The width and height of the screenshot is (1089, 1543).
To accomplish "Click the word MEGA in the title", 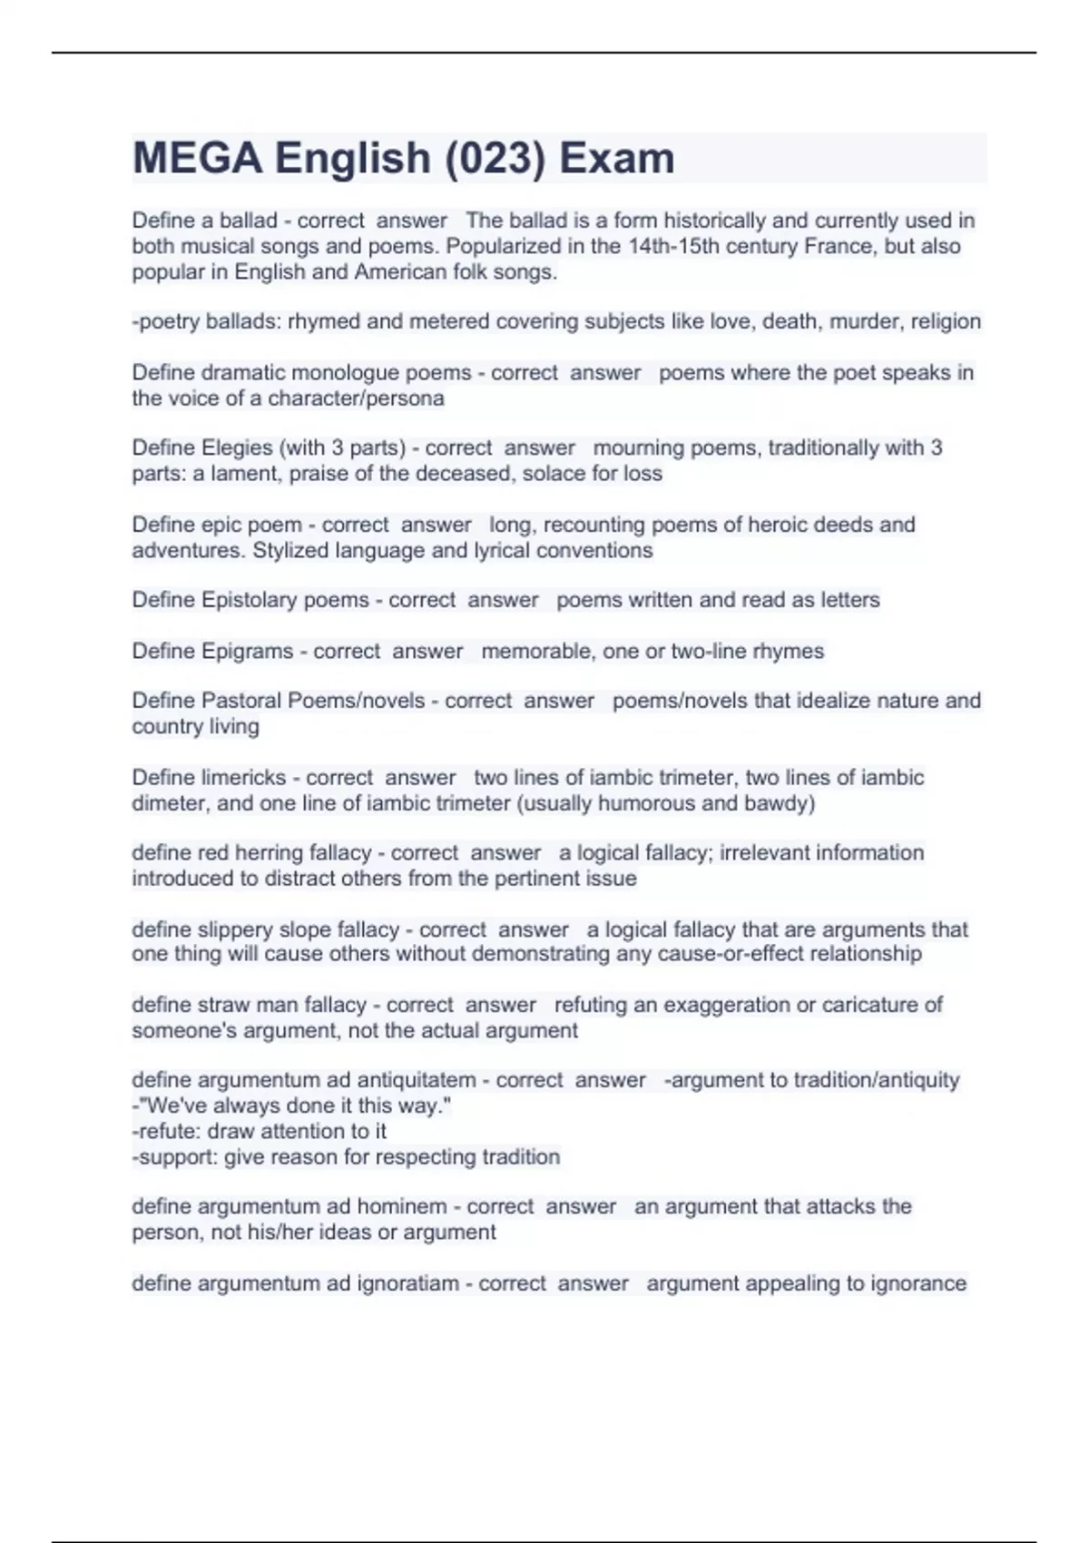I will pyautogui.click(x=197, y=159).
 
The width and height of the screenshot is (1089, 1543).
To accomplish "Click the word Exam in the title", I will pyautogui.click(x=617, y=159).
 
